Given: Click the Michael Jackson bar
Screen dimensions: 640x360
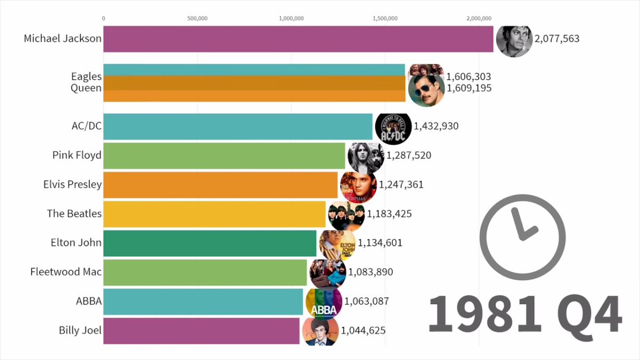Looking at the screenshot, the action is pyautogui.click(x=298, y=39).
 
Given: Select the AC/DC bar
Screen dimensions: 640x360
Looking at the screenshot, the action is pyautogui.click(x=238, y=126).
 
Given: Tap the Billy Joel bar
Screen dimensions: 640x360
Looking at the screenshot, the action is pyautogui.click(x=202, y=331).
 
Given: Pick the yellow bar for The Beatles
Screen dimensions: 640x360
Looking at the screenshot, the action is pyautogui.click(x=214, y=214).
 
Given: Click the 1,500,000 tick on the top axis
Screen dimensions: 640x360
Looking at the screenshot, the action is pyautogui.click(x=385, y=19).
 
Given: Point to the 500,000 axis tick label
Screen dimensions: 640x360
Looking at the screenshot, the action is pyautogui.click(x=197, y=19).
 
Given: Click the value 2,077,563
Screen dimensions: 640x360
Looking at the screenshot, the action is pyautogui.click(x=557, y=38).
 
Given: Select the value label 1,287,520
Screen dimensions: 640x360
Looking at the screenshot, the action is pyautogui.click(x=409, y=155).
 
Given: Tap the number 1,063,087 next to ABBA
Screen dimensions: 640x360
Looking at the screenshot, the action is pyautogui.click(x=366, y=301).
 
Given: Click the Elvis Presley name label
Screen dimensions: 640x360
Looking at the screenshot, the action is pyautogui.click(x=73, y=185).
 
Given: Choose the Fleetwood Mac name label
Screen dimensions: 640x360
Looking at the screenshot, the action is pyautogui.click(x=66, y=271).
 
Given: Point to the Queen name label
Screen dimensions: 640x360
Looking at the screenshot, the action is pyautogui.click(x=86, y=88).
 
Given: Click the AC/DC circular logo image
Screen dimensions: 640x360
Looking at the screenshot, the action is pyautogui.click(x=393, y=127).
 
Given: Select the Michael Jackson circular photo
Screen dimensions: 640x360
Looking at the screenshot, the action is pyautogui.click(x=514, y=42).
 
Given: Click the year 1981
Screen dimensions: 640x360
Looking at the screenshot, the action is pyautogui.click(x=485, y=314).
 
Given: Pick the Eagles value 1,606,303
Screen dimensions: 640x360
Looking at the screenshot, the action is pyautogui.click(x=469, y=77).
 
